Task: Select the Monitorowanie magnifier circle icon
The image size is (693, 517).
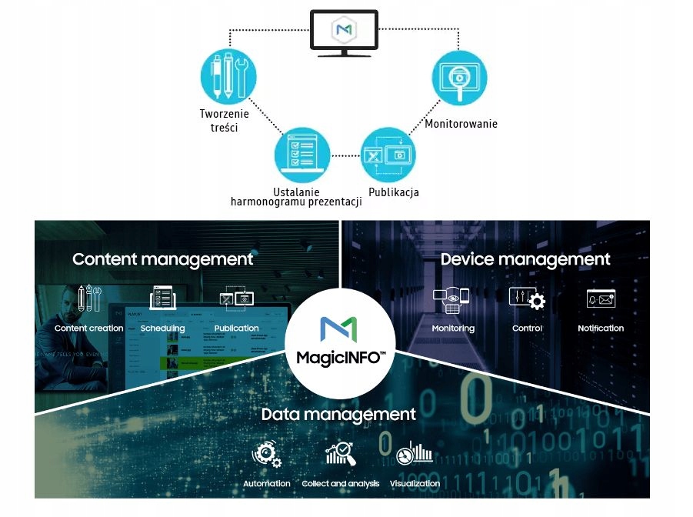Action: click(458, 78)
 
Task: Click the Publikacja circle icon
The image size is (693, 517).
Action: click(388, 154)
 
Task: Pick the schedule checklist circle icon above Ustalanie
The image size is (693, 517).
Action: click(302, 154)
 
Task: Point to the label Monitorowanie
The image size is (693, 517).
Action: click(461, 124)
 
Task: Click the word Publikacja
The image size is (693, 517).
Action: click(394, 192)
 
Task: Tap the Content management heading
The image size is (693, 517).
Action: click(163, 259)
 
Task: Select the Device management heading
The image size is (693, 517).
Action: click(525, 259)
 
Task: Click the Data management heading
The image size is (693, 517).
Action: click(338, 415)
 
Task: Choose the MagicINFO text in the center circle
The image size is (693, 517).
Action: click(341, 358)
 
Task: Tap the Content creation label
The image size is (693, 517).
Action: click(89, 329)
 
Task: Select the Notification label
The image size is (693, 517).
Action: click(601, 329)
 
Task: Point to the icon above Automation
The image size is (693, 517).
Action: click(267, 455)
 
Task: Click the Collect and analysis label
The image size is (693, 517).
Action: click(341, 484)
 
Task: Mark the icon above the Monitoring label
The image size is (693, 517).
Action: click(452, 300)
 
